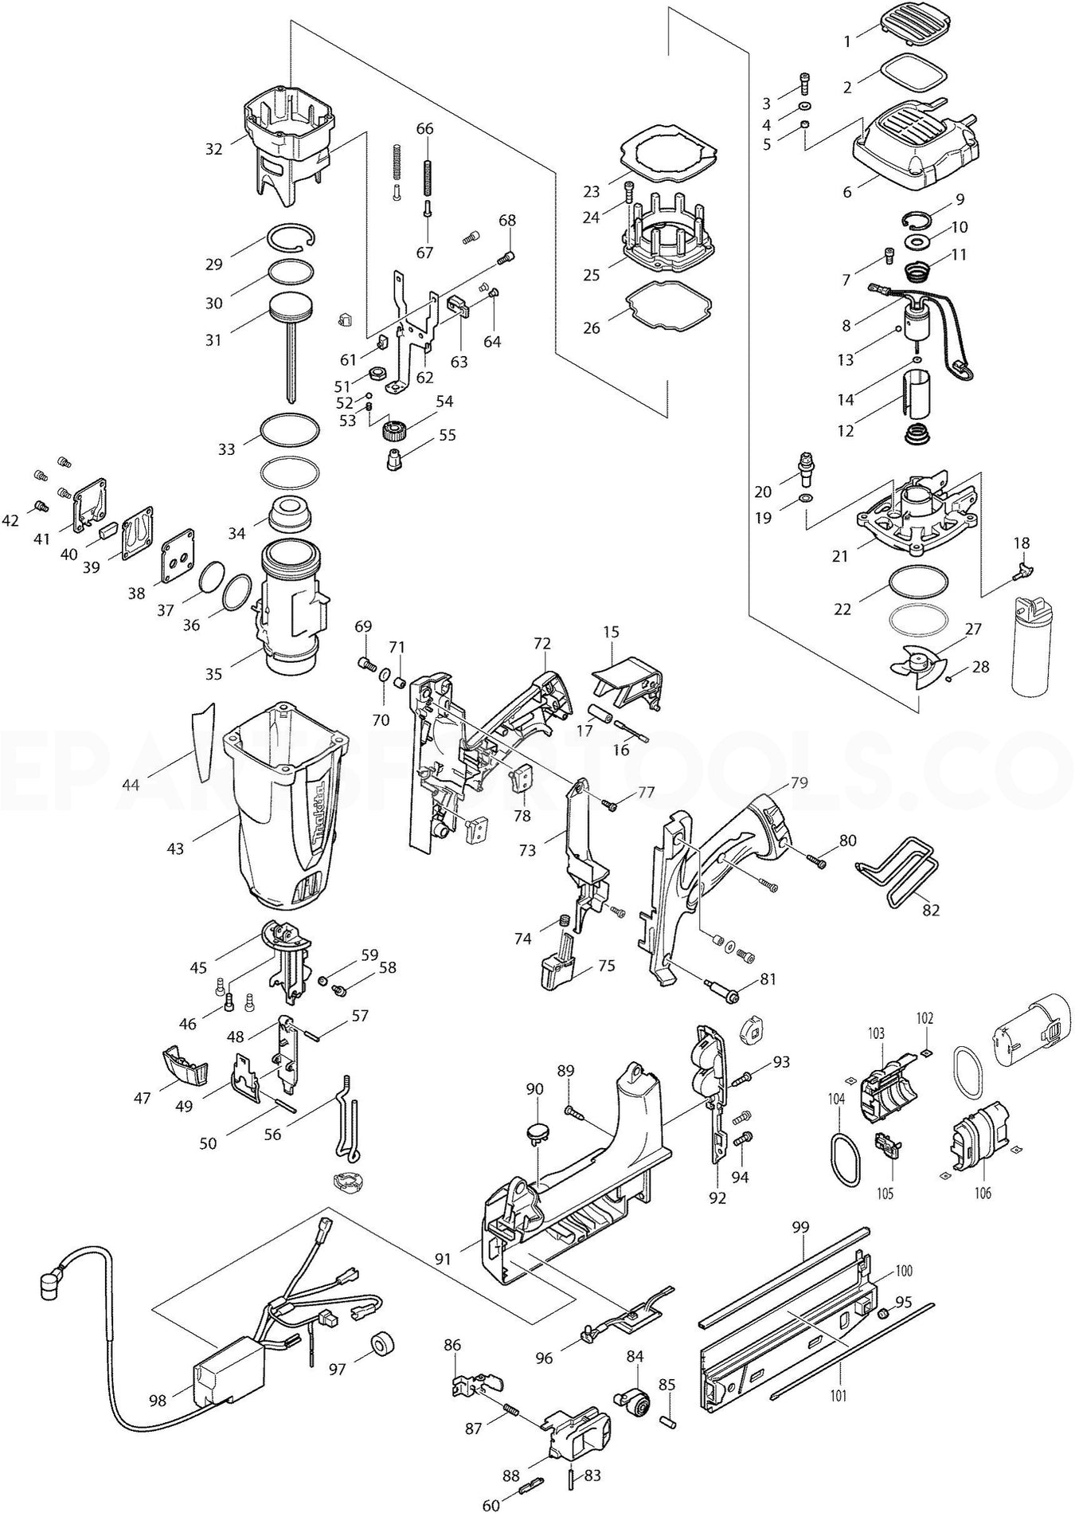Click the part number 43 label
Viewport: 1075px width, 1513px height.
[x=175, y=849]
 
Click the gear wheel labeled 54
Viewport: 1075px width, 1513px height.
[x=396, y=433]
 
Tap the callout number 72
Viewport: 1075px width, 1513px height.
[x=542, y=643]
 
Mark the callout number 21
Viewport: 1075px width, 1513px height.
[x=841, y=556]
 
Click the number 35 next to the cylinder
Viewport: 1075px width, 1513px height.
[x=213, y=674]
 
